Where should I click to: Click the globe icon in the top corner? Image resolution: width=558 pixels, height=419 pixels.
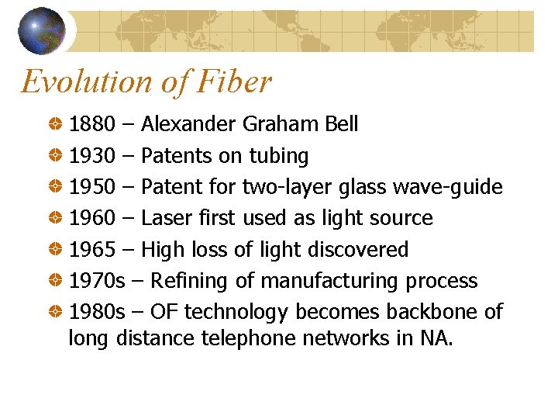pos(42,30)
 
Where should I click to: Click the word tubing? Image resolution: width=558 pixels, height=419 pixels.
pos(278,156)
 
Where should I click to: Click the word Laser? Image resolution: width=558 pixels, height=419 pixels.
pos(166,218)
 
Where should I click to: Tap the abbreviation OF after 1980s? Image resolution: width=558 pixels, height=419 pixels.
pos(165,312)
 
